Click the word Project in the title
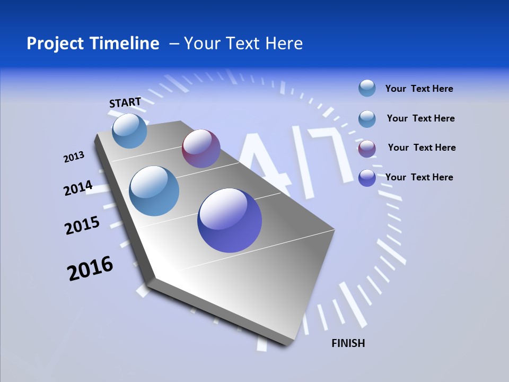coord(51,44)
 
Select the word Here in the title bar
coord(284,44)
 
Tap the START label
coord(125,102)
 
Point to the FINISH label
coord(348,343)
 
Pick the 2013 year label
coord(74,157)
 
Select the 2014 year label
coord(78,188)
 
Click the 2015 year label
coord(82,226)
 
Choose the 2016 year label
coord(90,268)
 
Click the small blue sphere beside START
coord(129,131)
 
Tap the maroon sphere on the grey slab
coord(201,149)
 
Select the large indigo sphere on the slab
coord(230,220)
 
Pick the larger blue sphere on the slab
coord(154,191)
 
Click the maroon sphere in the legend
coord(367,149)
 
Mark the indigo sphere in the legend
coord(367,178)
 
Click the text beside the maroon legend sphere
coord(422,147)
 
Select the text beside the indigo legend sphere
coord(419,177)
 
